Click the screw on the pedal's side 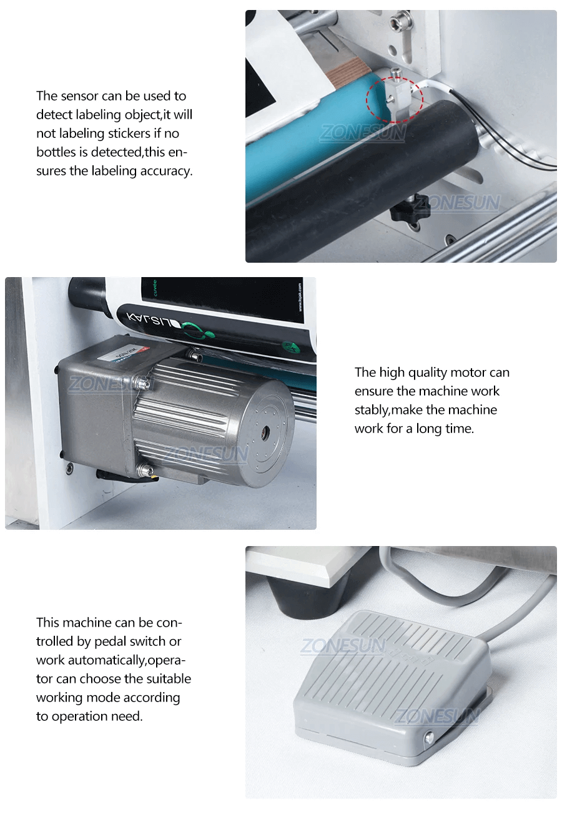point(428,738)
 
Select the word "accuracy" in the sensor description point(164,171)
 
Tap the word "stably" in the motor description point(372,410)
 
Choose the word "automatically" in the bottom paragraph point(106,660)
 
